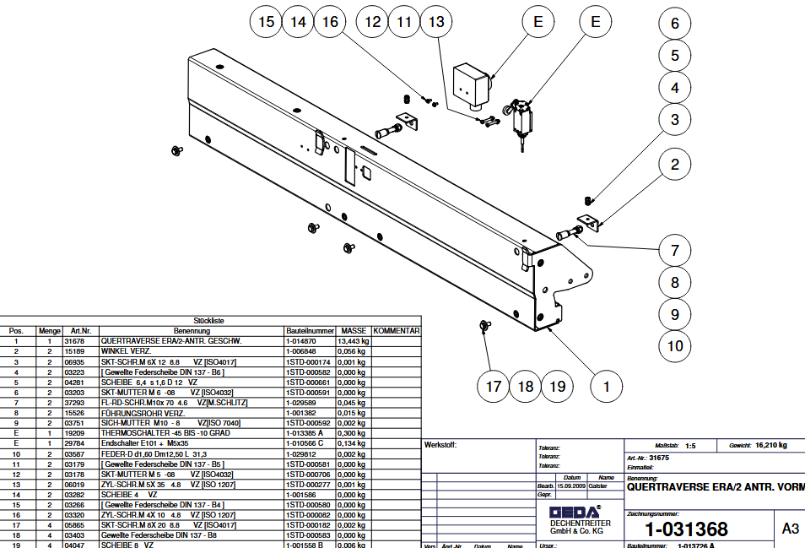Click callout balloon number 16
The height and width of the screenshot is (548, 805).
(x=330, y=22)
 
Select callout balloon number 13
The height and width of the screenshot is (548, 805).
(x=435, y=22)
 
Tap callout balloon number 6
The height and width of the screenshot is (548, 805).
(x=674, y=24)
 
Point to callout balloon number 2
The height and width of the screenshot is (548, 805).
(x=674, y=165)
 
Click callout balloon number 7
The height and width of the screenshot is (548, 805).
(x=674, y=250)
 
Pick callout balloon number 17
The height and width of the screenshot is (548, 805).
(x=493, y=387)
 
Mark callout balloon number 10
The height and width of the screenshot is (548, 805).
(x=674, y=345)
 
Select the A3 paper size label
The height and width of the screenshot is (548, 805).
(x=790, y=529)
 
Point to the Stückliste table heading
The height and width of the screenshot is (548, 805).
(x=208, y=321)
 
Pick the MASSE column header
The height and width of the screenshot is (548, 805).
(x=354, y=331)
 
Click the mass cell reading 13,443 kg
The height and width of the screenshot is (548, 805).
(x=354, y=341)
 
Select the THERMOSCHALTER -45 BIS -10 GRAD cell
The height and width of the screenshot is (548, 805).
(x=165, y=432)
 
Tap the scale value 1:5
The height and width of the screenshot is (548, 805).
(x=690, y=445)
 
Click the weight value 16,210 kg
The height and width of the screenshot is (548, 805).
(x=770, y=445)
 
